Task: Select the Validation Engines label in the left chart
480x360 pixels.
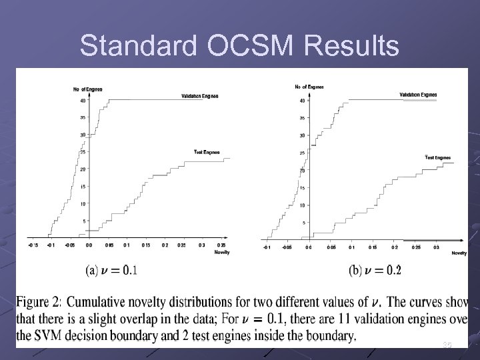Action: pos(199,96)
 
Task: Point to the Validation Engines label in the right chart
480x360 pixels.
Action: pos(418,95)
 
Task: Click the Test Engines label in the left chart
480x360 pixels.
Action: pos(207,152)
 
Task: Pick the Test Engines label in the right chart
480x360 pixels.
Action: pos(438,157)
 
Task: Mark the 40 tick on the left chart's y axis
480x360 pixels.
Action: pos(83,101)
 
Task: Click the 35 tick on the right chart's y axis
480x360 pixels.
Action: pos(302,118)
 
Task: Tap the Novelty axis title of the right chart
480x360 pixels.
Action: pos(459,253)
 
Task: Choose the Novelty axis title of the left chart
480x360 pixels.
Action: pos(222,253)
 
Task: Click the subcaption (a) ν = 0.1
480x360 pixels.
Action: pos(111,271)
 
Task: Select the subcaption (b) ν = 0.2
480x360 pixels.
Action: pos(375,271)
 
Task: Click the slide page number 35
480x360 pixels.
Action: pos(447,345)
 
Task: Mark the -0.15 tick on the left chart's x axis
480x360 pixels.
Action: pos(33,245)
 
